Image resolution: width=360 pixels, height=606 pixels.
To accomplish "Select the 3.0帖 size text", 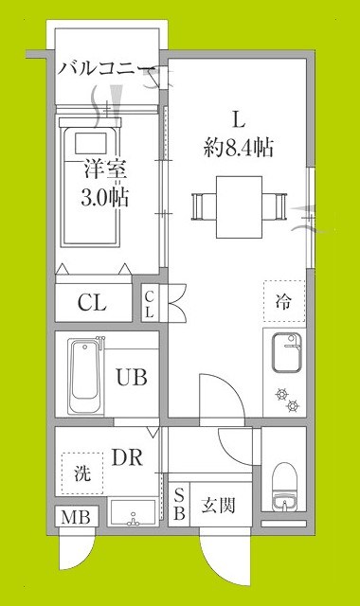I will [105, 199].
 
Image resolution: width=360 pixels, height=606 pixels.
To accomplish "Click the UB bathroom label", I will [131, 377].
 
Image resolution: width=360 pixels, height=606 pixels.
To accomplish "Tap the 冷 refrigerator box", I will [283, 303].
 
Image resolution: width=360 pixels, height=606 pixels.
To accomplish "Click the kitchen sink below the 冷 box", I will [283, 356].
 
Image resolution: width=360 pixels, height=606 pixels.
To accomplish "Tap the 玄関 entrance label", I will [219, 505].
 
